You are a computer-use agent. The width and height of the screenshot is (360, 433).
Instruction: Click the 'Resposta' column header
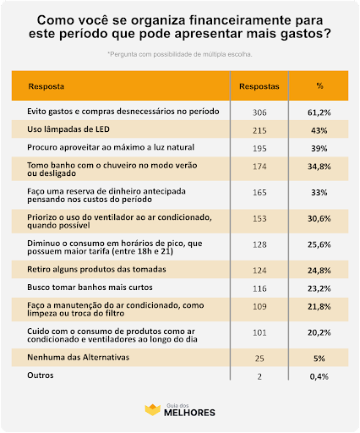[x=46, y=86]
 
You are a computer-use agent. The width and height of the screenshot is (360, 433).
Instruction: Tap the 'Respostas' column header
[x=259, y=86]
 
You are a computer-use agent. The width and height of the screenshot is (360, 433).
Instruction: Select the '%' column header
[x=319, y=85]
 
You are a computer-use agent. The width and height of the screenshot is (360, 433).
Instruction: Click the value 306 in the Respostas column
[x=259, y=112]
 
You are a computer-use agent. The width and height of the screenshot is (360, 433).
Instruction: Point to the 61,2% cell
[x=319, y=112]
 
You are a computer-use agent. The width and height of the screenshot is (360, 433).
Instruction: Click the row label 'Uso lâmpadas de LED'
[x=68, y=129]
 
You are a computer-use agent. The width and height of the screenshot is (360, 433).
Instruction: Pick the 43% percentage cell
[x=319, y=130]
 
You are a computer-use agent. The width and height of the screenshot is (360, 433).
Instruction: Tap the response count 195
[x=259, y=149]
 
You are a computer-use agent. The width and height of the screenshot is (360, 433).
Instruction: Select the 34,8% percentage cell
[x=319, y=167]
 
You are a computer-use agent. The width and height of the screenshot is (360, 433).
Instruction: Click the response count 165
[x=259, y=193]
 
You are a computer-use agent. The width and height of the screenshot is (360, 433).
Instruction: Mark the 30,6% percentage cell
[x=319, y=218]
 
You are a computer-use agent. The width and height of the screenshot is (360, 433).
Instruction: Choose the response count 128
[x=259, y=244]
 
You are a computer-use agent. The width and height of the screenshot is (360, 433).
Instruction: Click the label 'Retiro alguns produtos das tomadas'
[x=96, y=270]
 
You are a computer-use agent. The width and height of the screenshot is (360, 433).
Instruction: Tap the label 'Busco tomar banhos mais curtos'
[x=90, y=288]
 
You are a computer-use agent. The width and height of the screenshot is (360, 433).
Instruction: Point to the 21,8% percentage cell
[x=319, y=306]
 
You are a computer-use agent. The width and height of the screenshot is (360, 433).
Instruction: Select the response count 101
[x=259, y=332]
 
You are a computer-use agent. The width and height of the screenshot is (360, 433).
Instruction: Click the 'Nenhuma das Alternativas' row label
[x=79, y=357]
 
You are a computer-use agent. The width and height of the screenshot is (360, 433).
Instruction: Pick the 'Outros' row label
[x=41, y=375]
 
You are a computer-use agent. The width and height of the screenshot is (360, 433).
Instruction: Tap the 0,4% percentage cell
[x=319, y=376]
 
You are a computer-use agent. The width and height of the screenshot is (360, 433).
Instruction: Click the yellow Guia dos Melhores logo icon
[x=152, y=410]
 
